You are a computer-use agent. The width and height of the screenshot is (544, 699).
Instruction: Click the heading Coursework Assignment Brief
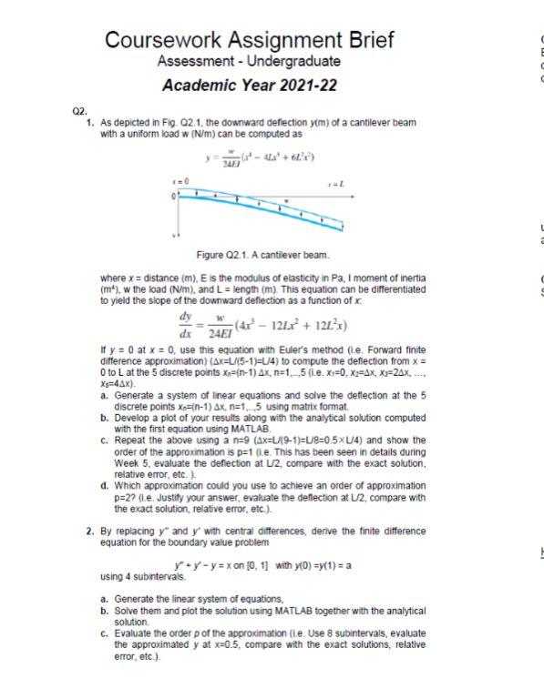250,40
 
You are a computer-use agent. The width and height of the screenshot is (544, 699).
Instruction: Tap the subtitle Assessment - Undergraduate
249,62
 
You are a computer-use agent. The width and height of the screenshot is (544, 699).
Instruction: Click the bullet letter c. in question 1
106,436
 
